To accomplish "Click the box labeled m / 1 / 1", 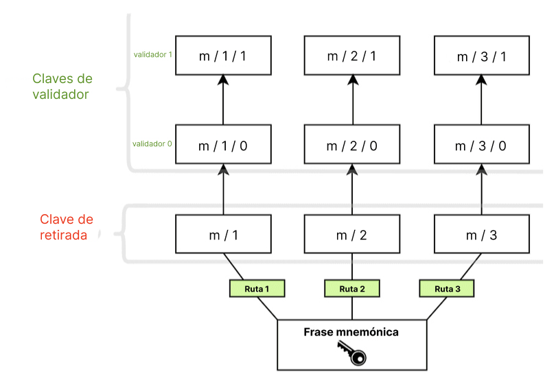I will pos(222,56).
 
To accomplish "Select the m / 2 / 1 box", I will pos(352,56).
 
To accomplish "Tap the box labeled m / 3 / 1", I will pos(481,56).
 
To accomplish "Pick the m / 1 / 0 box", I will pos(222,145).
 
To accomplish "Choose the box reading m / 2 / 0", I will pos(352,145).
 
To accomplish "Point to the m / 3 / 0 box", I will pos(481,145).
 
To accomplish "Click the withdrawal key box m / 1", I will pos(222,235).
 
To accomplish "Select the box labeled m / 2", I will pos(352,235).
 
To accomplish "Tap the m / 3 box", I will pos(481,235).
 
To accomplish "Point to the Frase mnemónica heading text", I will pos(351,332).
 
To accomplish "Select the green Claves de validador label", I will pos(61,86).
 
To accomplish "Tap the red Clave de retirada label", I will pos(66,227).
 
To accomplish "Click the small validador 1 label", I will pos(152,55).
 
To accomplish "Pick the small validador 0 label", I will pos(152,144).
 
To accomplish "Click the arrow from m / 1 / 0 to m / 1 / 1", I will pos(222,100).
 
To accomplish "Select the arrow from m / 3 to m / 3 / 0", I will pos(481,189).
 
